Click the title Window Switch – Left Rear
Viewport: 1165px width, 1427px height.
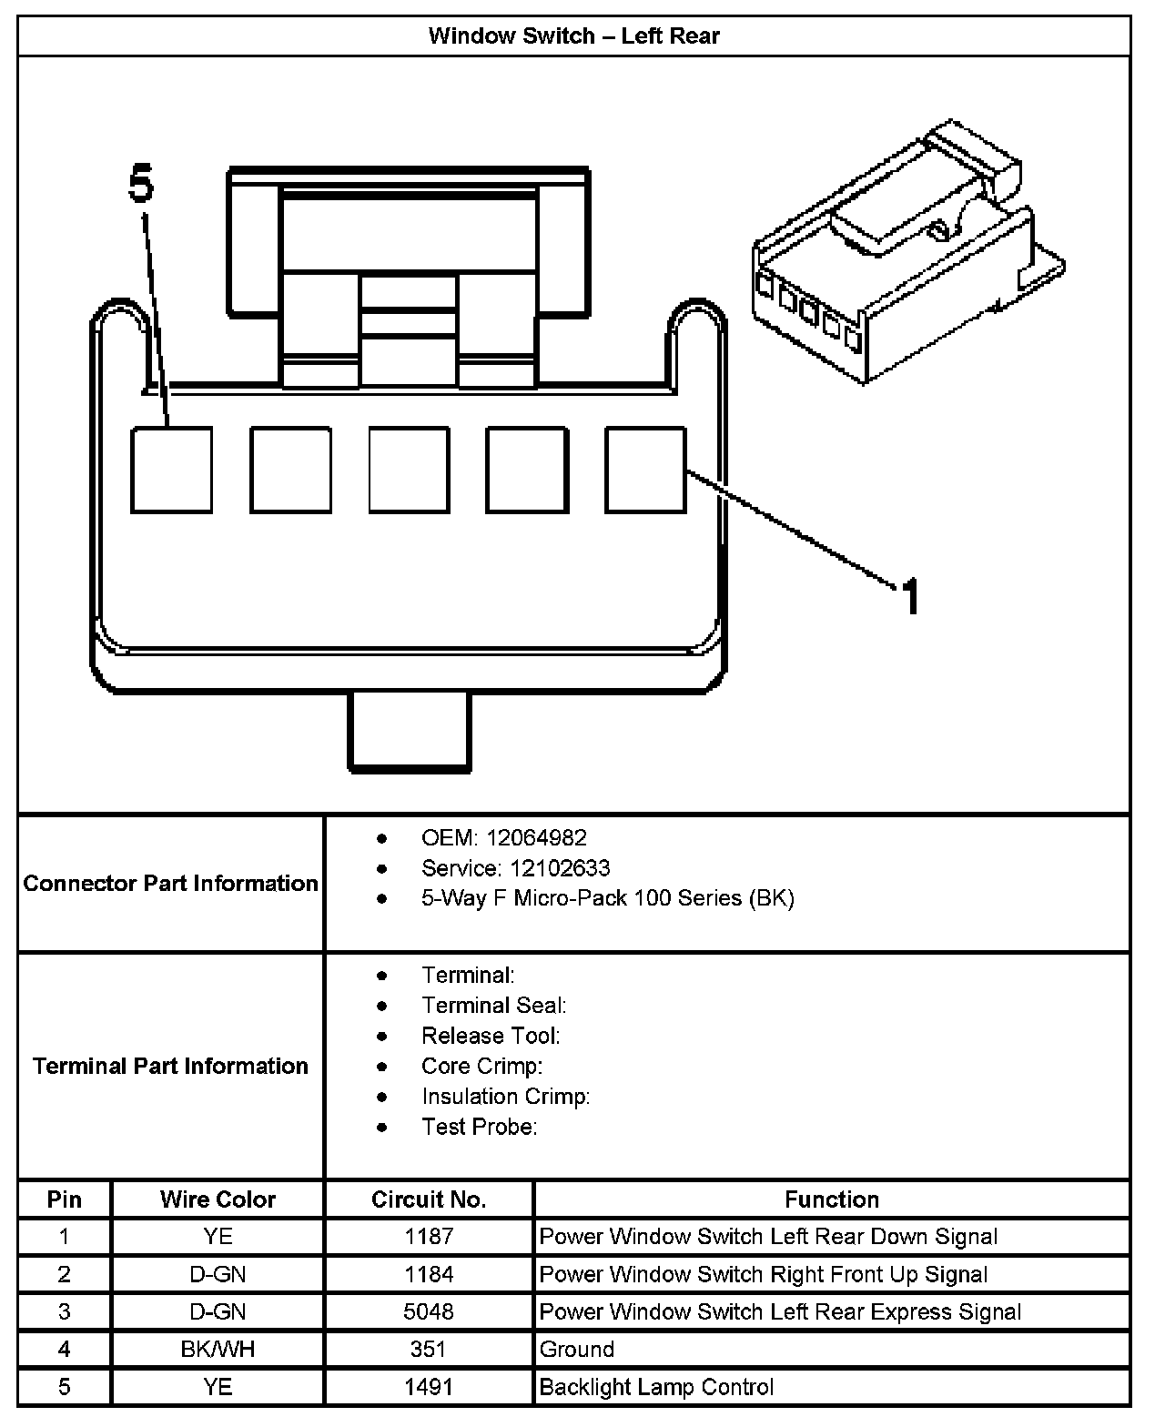pyautogui.click(x=573, y=36)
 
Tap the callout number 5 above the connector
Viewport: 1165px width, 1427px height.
pyautogui.click(x=141, y=185)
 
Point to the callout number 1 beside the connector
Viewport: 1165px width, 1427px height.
pyautogui.click(x=909, y=597)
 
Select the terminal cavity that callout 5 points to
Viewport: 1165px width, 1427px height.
pyautogui.click(x=172, y=470)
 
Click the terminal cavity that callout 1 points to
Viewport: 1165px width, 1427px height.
pyautogui.click(x=645, y=470)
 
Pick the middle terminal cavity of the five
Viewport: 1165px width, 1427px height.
pyautogui.click(x=409, y=470)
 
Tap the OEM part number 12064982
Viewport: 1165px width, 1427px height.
pyautogui.click(x=536, y=837)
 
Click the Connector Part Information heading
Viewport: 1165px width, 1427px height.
pyautogui.click(x=171, y=883)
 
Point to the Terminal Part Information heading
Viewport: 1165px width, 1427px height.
pyautogui.click(x=171, y=1066)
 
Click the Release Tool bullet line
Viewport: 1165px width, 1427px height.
pyautogui.click(x=491, y=1036)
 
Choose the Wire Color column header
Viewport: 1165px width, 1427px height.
pyautogui.click(x=218, y=1199)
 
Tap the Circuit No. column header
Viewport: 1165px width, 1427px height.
pyautogui.click(x=429, y=1199)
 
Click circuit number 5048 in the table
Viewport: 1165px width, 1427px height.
pyautogui.click(x=429, y=1311)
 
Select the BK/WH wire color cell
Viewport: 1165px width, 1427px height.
pyautogui.click(x=218, y=1349)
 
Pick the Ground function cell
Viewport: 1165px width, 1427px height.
pyautogui.click(x=577, y=1349)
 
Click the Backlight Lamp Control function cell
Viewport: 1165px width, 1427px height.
pyautogui.click(x=656, y=1387)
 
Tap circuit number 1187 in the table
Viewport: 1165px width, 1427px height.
pyautogui.click(x=429, y=1237)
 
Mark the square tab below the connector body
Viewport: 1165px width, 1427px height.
pyautogui.click(x=410, y=731)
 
